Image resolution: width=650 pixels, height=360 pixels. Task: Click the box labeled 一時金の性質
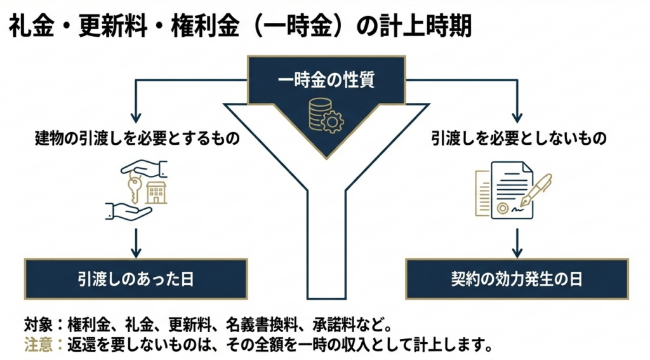[326, 80]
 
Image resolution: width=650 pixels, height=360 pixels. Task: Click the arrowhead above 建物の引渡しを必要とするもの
[136, 118]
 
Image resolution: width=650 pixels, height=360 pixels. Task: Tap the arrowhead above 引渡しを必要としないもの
[517, 118]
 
